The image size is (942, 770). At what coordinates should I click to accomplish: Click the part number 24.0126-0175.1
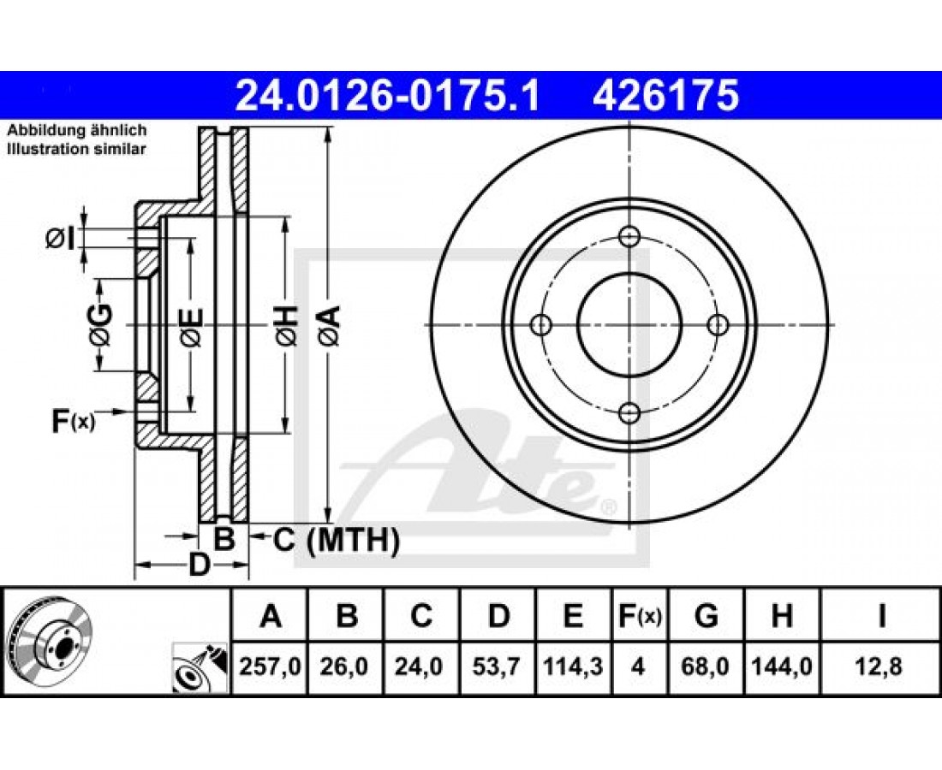(388, 96)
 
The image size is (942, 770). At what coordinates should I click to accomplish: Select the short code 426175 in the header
(665, 96)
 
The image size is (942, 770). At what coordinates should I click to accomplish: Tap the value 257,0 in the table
(270, 666)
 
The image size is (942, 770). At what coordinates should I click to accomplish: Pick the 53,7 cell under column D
(498, 666)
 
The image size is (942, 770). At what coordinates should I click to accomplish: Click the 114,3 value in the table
(573, 666)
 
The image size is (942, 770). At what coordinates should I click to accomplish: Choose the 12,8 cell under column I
(881, 666)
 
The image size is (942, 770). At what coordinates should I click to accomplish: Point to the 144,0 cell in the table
(782, 666)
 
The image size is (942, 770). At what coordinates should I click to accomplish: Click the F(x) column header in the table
(640, 616)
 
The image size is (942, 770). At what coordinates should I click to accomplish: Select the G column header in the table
(706, 616)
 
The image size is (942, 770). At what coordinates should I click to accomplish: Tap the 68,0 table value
(706, 666)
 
